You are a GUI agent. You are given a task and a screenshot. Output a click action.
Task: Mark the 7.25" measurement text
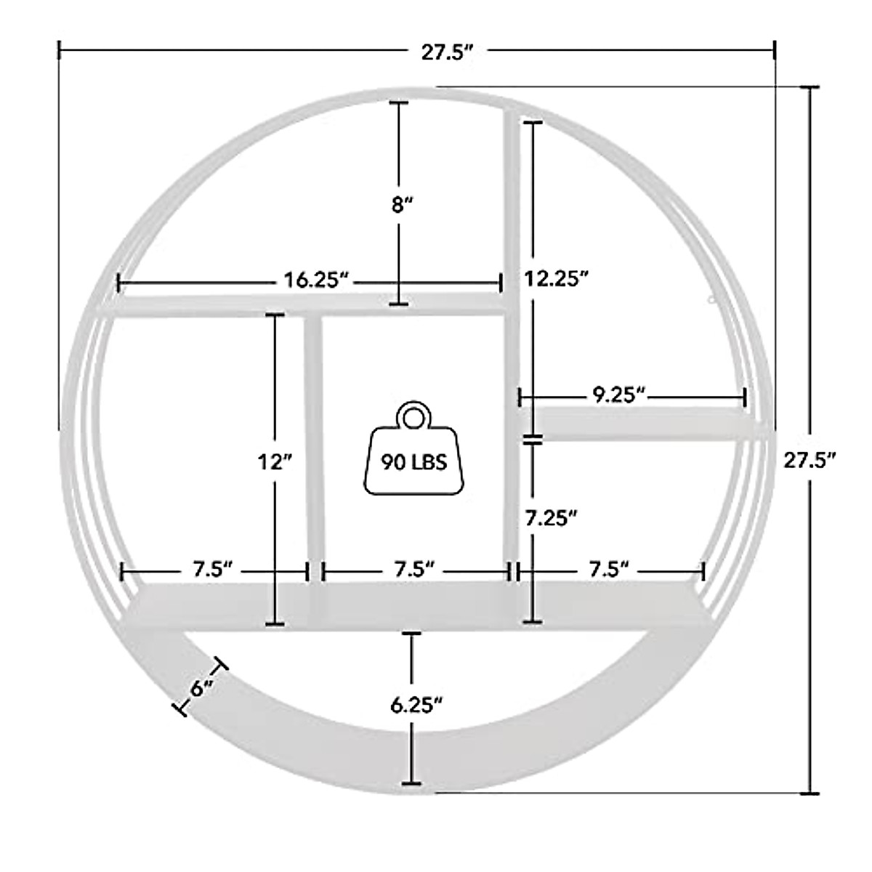click(x=552, y=517)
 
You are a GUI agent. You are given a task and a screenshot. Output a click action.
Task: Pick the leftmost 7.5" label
click(x=212, y=569)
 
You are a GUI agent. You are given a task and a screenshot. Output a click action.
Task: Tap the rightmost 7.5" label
click(x=607, y=569)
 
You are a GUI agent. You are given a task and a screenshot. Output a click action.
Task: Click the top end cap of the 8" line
click(x=398, y=103)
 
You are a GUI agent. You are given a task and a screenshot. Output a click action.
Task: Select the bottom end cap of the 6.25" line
click(x=412, y=783)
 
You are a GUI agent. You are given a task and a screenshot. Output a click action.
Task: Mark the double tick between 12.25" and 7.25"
click(x=533, y=438)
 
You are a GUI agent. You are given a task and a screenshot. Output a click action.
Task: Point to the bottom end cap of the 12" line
click(x=275, y=623)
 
